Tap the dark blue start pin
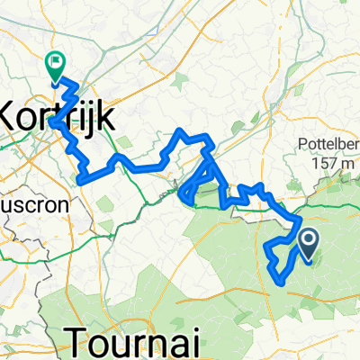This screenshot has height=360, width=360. (308, 244)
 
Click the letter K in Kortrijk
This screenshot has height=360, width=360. (13, 115)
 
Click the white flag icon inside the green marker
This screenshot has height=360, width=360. (56, 63)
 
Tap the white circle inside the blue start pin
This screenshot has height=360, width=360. (308, 239)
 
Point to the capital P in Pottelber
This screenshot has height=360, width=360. (299, 145)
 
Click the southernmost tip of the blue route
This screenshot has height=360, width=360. (282, 283)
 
